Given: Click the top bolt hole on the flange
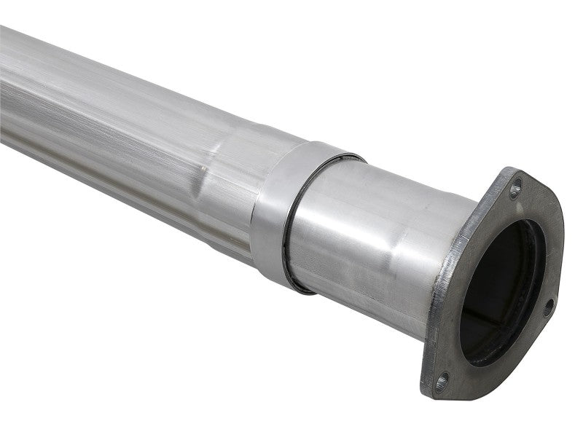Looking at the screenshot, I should (515, 190).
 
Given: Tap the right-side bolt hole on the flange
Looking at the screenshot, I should (548, 307).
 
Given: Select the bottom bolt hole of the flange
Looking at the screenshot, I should (442, 380).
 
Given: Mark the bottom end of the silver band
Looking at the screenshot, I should (273, 280).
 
